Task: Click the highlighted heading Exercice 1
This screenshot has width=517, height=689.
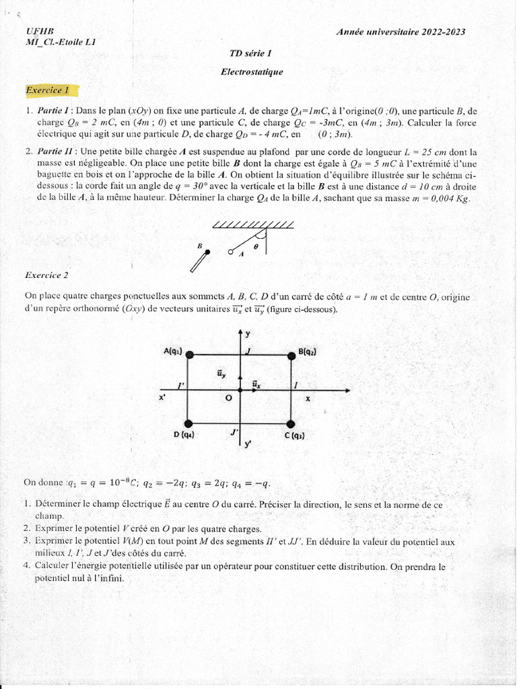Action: pos(48,90)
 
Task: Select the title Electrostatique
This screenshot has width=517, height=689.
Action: pos(252,72)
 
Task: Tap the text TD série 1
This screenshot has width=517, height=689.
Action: pos(251,53)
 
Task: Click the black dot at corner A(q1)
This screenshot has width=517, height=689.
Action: pos(190,354)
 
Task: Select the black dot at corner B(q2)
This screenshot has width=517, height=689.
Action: pos(291,355)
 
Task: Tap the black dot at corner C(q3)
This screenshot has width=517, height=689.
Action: pos(291,423)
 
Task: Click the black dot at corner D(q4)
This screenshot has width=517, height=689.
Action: pos(189,423)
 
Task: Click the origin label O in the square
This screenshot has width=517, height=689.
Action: pos(228,398)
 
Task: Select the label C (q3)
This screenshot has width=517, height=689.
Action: pos(294,435)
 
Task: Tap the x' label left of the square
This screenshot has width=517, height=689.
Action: pos(162,398)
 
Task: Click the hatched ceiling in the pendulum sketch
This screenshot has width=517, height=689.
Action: pos(252,224)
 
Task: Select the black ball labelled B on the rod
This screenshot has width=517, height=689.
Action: pos(207,252)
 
